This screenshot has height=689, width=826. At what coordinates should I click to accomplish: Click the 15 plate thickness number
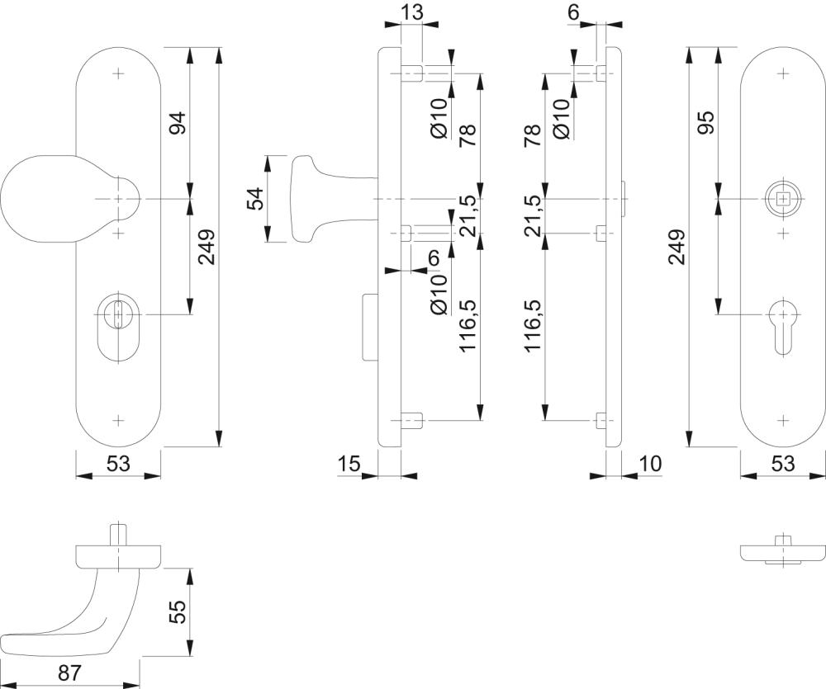click(x=349, y=464)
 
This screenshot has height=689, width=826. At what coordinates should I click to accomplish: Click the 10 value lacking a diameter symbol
click(x=651, y=464)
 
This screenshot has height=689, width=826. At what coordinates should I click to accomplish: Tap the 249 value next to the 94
click(x=206, y=247)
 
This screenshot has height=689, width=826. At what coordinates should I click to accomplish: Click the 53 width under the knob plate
click(x=118, y=464)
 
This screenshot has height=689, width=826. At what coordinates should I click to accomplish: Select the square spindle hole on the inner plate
click(x=782, y=199)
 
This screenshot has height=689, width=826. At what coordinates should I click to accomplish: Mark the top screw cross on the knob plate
click(x=119, y=74)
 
